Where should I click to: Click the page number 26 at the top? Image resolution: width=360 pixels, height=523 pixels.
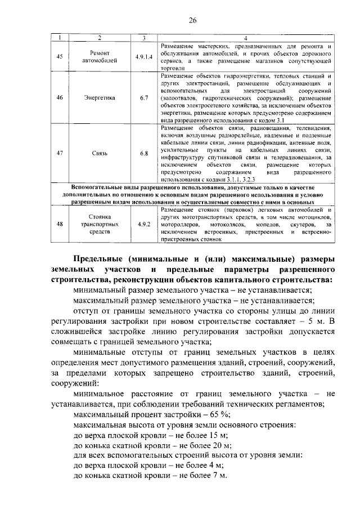coord(191,21)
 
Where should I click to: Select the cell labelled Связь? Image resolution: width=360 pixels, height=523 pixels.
coord(100,153)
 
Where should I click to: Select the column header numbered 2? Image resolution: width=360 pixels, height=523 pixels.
coord(100,38)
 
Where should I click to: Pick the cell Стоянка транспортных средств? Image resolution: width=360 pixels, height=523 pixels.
coord(100,224)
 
